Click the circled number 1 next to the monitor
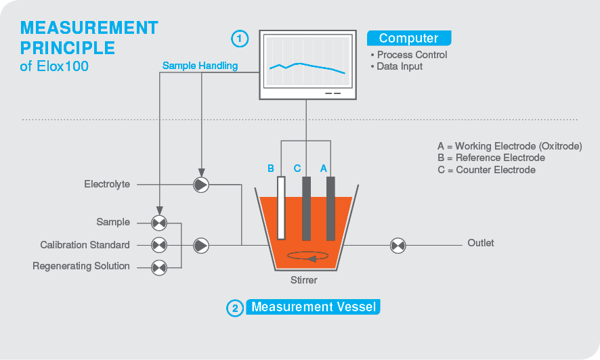(240, 39)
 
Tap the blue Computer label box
(408, 39)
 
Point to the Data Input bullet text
(400, 66)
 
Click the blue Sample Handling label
(200, 66)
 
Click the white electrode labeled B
(281, 208)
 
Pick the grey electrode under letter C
(306, 208)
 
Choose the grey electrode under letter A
(330, 208)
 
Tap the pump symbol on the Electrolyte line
(201, 185)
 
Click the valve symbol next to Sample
(159, 223)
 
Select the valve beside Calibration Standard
(159, 245)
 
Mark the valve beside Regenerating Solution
(159, 267)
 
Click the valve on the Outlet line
(398, 245)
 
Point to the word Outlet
(481, 243)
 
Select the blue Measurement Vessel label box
(313, 307)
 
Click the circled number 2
(234, 309)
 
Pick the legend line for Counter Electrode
(486, 170)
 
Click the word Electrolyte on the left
(107, 184)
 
